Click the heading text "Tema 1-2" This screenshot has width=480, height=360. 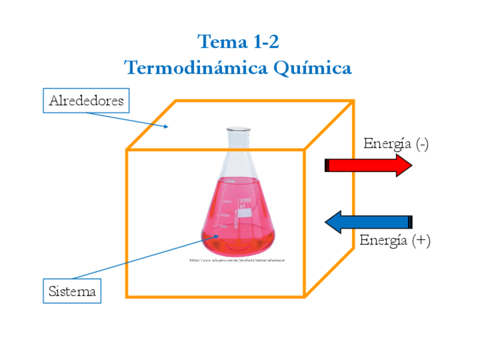click(x=238, y=42)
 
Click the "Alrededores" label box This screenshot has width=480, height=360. click(x=86, y=101)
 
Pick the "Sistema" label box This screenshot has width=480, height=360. click(x=72, y=291)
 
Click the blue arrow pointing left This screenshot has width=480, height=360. click(x=368, y=222)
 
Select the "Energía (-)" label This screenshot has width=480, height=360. click(x=396, y=144)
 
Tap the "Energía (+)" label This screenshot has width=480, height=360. click(x=395, y=240)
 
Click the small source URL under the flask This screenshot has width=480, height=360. click(x=237, y=260)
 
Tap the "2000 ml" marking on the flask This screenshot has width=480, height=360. click(x=245, y=202)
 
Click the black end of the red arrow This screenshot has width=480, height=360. click(x=327, y=165)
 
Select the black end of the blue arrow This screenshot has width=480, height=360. click(x=410, y=222)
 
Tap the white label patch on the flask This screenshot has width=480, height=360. click(x=245, y=213)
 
